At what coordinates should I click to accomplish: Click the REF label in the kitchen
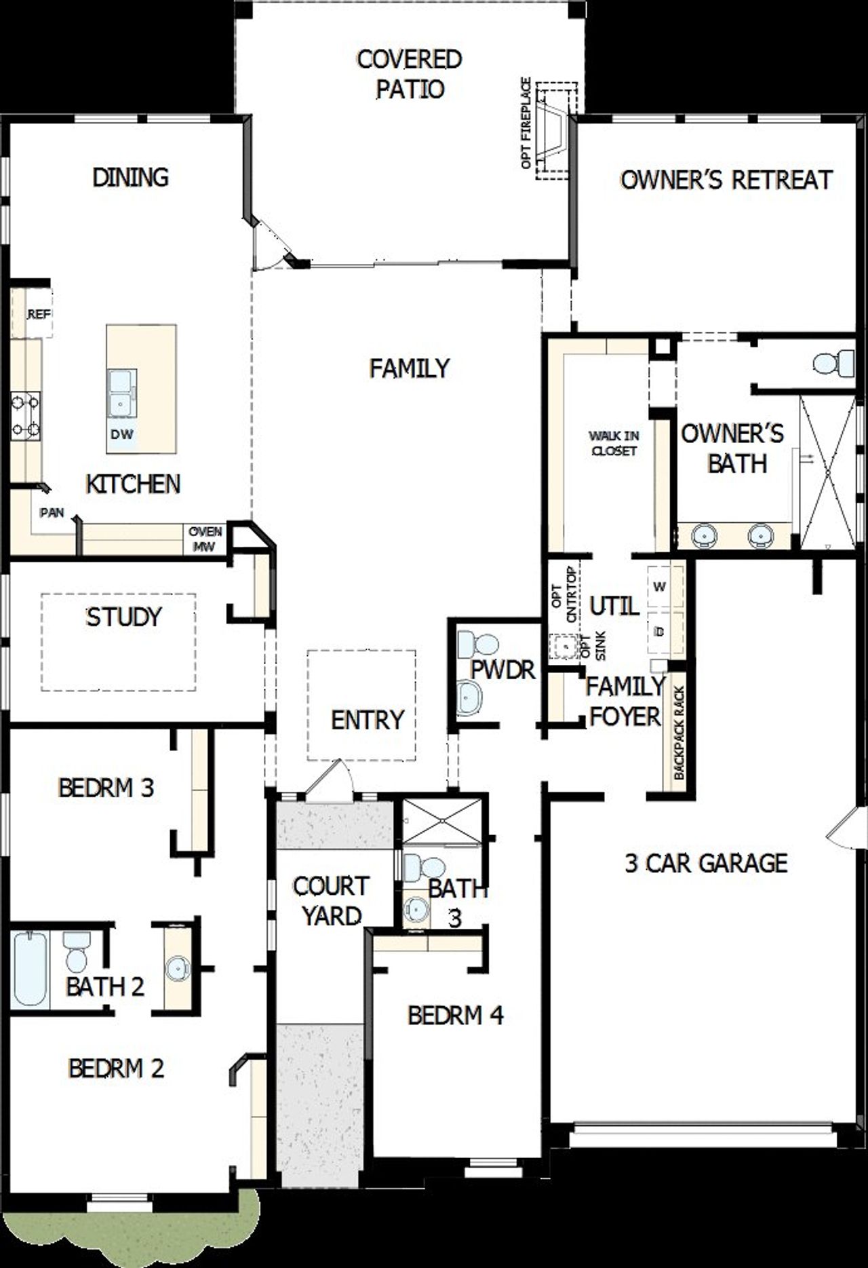(39, 315)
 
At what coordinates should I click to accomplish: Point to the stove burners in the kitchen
(25, 416)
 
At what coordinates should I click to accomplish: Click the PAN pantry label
(52, 512)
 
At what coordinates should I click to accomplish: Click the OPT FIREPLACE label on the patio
(526, 123)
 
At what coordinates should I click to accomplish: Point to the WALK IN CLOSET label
(613, 442)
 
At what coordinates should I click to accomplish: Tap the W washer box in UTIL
(658, 585)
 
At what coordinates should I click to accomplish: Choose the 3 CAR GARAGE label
(705, 863)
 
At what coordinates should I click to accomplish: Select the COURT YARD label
(331, 900)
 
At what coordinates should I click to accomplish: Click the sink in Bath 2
(178, 968)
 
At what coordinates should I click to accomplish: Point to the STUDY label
(123, 617)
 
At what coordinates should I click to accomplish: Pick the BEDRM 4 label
(455, 1016)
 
